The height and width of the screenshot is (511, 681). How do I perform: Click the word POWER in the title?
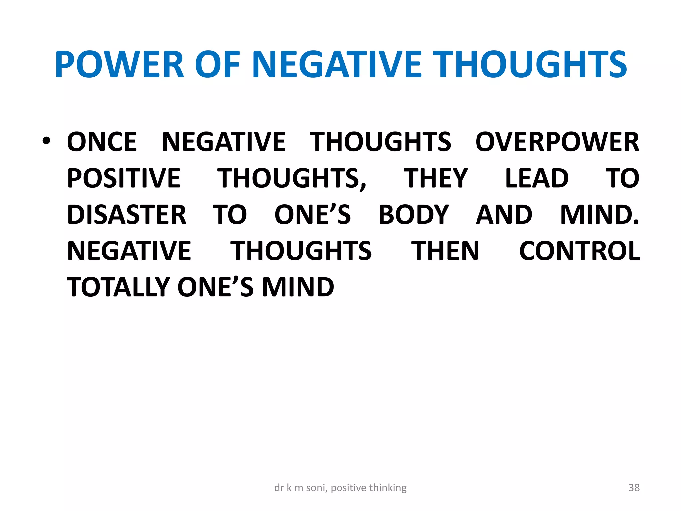[119, 64]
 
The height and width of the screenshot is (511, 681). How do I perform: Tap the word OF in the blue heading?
[217, 64]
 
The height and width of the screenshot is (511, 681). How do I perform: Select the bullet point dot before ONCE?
[46, 141]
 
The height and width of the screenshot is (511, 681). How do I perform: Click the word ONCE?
[102, 142]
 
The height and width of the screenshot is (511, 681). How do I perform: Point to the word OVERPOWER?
[557, 142]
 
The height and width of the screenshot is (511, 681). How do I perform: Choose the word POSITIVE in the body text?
[124, 178]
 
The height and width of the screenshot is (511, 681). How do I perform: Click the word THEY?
[436, 178]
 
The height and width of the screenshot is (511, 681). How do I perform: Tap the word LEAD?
[537, 178]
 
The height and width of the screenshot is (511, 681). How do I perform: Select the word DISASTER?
[127, 215]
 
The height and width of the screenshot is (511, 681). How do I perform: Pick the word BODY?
[414, 215]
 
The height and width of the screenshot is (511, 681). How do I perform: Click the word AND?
[504, 215]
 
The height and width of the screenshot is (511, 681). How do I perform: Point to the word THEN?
[445, 251]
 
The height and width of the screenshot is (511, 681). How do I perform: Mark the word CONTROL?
[580, 251]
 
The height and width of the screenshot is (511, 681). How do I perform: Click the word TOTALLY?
[118, 287]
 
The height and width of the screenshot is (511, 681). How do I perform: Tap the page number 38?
[634, 488]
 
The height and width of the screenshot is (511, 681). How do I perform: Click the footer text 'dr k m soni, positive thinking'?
[340, 488]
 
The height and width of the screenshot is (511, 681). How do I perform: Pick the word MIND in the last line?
[298, 287]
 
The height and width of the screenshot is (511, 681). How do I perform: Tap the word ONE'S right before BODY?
[313, 215]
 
